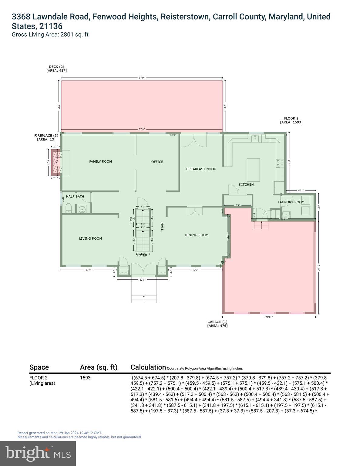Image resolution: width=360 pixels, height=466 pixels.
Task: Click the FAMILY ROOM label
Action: (x=100, y=161)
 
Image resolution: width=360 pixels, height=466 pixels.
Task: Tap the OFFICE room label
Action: (x=157, y=162)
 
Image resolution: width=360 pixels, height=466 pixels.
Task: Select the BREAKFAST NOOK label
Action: (x=201, y=169)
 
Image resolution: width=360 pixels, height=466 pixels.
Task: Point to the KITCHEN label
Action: (x=246, y=184)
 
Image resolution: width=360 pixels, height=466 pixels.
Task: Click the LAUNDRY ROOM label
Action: (x=291, y=202)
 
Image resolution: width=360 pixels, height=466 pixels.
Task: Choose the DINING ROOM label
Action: (x=197, y=235)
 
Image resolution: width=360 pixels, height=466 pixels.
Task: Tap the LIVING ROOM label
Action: (x=90, y=238)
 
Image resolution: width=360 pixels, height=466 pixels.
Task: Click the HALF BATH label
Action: (x=75, y=197)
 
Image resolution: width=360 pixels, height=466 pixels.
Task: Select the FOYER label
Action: (x=142, y=255)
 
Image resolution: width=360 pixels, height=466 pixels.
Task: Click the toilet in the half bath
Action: (x=68, y=208)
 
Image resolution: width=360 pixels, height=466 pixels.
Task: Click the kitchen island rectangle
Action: (x=253, y=170)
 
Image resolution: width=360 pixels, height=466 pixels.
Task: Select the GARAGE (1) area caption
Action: (x=217, y=324)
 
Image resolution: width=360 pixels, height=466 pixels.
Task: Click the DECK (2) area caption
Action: (x=56, y=69)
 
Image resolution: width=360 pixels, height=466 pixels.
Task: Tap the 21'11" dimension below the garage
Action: (x=269, y=317)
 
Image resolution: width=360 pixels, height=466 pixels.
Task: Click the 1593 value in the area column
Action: (x=85, y=378)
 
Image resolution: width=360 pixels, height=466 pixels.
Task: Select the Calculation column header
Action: (x=148, y=367)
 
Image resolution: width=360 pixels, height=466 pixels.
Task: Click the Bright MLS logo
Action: (x=38, y=453)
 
